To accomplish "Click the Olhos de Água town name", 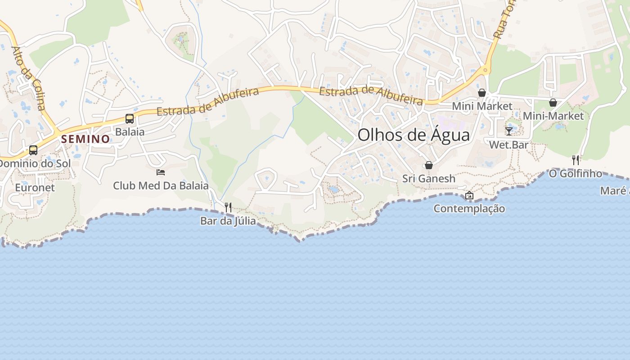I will [x=414, y=135].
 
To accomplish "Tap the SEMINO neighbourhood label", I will [x=85, y=139].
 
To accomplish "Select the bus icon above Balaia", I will [x=130, y=119].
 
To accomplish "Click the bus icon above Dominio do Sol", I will [x=33, y=150].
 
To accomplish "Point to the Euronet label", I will [x=35, y=187].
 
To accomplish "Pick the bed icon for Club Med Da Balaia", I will [x=161, y=172].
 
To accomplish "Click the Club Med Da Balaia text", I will [x=161, y=185].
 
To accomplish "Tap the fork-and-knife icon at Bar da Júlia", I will [x=228, y=207].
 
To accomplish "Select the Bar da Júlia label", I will [x=228, y=221].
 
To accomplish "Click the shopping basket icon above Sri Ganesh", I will [x=429, y=165].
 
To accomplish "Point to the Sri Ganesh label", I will [x=429, y=179].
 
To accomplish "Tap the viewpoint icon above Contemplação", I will [x=469, y=195].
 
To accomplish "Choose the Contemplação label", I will [x=469, y=209].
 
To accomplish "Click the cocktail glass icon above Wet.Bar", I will [x=509, y=131].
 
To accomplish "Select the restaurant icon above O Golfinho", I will [x=576, y=160].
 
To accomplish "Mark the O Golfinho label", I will [x=576, y=173].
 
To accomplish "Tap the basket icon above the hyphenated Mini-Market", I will [x=553, y=103].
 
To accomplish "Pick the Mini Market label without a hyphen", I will [x=482, y=106].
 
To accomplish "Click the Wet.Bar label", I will [x=509, y=145].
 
